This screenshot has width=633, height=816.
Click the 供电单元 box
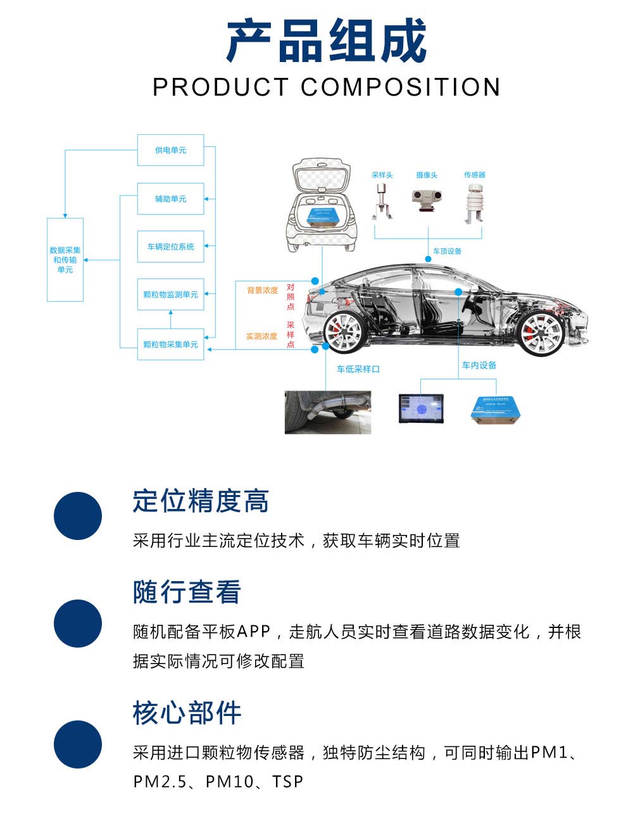pos(170,150)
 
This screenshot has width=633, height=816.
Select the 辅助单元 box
pos(170,199)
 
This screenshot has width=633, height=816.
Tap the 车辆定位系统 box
pos(170,246)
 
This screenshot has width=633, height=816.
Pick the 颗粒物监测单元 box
pos(170,294)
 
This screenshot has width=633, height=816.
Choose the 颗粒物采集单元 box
pos(170,344)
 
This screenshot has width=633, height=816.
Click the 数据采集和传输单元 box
pos(65,260)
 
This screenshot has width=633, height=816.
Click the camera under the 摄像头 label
pos(427,199)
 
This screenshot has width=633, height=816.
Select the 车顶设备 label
pos(447,251)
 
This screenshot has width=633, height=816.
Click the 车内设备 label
pos(479,365)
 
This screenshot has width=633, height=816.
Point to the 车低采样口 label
pos(358,369)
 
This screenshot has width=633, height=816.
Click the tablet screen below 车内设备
pos(421,408)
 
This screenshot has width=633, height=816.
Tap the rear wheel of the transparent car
pos(343,331)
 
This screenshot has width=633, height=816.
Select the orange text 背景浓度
pos(262,291)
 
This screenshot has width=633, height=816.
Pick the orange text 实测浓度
pos(261,336)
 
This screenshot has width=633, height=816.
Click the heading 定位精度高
pos(201,501)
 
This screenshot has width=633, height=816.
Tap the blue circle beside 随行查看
pos(78,623)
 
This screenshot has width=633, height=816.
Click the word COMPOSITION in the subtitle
pos(400,87)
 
